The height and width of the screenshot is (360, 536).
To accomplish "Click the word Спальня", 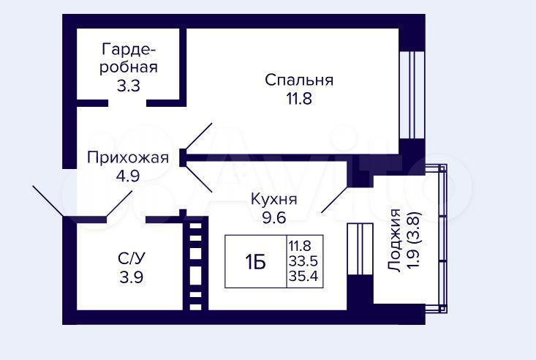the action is [x=299, y=80].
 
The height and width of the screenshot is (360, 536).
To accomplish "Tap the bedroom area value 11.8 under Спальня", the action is [x=299, y=99].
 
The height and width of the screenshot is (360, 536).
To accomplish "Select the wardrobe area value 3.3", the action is [x=129, y=86].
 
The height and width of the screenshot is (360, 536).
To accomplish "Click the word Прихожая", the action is [x=128, y=158].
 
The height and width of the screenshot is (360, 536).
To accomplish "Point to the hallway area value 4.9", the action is [x=128, y=176].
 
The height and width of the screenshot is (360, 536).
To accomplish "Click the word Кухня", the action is [x=274, y=199].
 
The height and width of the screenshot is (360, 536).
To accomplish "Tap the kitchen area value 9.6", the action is [x=274, y=217].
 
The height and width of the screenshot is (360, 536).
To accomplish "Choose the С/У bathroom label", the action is [x=132, y=258].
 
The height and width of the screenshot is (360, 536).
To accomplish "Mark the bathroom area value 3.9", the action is [x=132, y=277].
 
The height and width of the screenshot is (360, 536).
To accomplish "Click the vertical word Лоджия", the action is [x=395, y=241].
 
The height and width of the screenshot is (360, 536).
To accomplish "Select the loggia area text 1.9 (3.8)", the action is [x=415, y=241].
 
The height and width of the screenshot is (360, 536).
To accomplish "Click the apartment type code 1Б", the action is [x=255, y=263].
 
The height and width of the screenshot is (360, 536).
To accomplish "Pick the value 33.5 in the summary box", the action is [x=303, y=261].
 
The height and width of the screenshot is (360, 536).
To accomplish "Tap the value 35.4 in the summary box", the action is [x=303, y=275].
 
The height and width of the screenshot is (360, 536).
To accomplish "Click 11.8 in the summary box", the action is [x=300, y=246].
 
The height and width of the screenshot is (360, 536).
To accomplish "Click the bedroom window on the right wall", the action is [x=412, y=95].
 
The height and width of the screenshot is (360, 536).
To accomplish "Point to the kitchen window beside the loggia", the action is [x=360, y=249].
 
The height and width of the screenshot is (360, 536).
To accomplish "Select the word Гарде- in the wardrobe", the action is [x=129, y=50].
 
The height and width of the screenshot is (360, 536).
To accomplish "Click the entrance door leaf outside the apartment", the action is [x=48, y=201].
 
